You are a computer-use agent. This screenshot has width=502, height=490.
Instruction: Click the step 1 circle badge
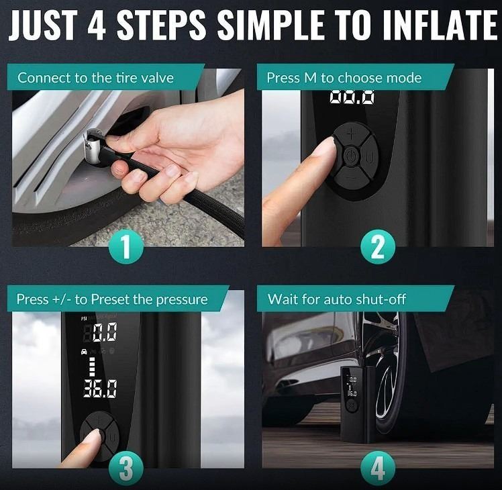(126, 247)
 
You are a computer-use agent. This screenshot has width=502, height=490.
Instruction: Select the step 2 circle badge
(378, 247)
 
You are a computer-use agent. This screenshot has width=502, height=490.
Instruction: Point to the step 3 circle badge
(126, 469)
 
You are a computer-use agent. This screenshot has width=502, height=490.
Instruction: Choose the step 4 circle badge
(378, 469)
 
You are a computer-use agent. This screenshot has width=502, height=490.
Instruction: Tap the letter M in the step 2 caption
(310, 78)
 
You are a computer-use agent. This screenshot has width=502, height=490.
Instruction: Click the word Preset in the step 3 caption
(110, 299)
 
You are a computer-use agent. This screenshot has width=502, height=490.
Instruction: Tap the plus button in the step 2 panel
(351, 134)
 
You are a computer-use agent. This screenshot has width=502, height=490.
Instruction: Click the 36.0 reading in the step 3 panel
(100, 389)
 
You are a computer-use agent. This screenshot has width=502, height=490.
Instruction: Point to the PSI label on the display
(84, 318)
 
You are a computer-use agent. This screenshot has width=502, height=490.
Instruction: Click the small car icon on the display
(84, 351)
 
